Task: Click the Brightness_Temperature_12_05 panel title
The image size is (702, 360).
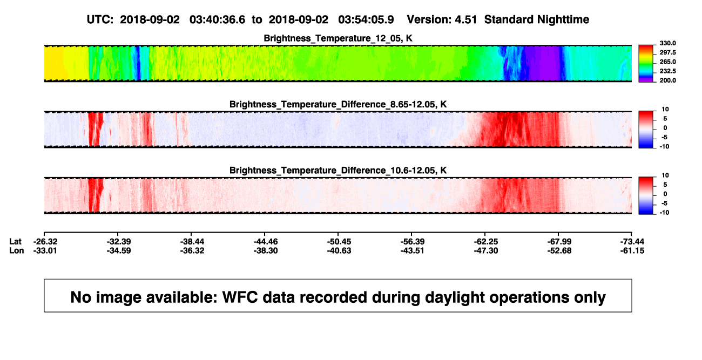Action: coord(338,38)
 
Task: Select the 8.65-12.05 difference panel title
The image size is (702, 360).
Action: coord(338,104)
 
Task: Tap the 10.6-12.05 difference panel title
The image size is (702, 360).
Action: coord(338,171)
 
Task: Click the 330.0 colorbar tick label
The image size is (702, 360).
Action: coord(667,43)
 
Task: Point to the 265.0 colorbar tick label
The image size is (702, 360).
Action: coord(667,62)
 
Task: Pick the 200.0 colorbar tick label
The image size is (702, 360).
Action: coord(667,80)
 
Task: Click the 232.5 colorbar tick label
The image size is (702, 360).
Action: coord(667,71)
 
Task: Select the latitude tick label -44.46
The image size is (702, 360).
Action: coord(266,242)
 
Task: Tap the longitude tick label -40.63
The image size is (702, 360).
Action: coord(339,250)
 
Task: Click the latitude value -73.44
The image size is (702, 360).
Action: coord(632,242)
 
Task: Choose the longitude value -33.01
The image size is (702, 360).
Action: coord(45,250)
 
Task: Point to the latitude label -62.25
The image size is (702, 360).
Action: coord(485,242)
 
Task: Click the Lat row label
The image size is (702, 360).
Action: coord(15,242)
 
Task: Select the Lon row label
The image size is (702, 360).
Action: coord(16,250)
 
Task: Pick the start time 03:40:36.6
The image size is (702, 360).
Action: coord(217,20)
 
